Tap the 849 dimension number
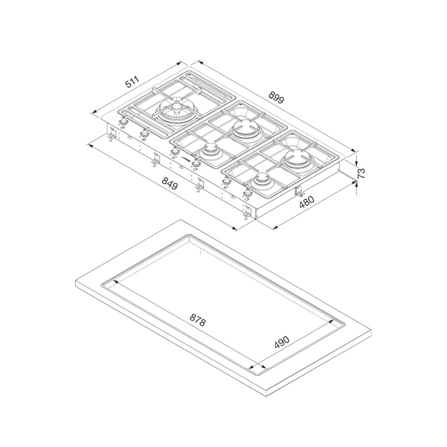coord(169,183)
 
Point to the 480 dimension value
coord(307,203)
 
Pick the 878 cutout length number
coord(197,320)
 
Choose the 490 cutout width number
coord(282,342)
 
